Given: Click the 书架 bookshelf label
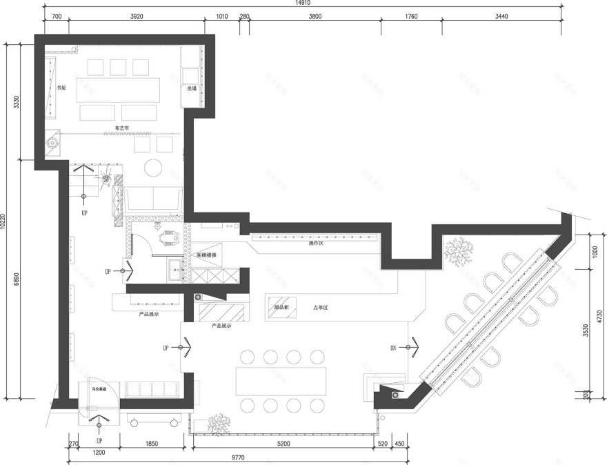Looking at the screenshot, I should (61, 88).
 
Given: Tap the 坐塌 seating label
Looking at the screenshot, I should (190, 88).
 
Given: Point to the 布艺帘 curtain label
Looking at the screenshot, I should (122, 128).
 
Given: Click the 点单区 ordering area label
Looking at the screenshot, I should (321, 308).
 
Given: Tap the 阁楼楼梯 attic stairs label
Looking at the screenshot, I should (206, 255).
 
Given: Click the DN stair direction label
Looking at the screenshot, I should (393, 348).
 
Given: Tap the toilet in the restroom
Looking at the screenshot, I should (168, 239).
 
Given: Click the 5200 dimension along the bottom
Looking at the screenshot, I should (283, 444).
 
